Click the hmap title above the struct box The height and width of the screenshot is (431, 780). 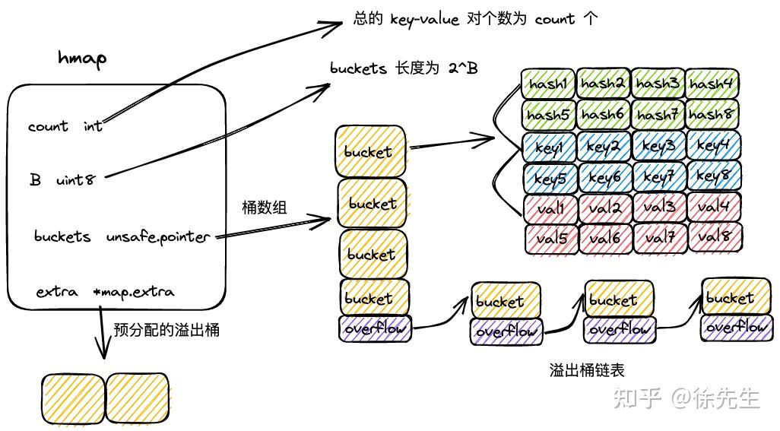pyautogui.click(x=82, y=58)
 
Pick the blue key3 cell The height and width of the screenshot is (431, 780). pyautogui.click(x=658, y=146)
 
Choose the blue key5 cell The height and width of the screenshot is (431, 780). pyautogui.click(x=548, y=178)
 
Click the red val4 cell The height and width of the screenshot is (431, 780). pyautogui.click(x=714, y=207)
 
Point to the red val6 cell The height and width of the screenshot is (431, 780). pyautogui.click(x=604, y=238)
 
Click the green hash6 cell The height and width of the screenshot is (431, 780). pyautogui.click(x=604, y=115)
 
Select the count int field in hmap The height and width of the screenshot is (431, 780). pyautogui.click(x=65, y=126)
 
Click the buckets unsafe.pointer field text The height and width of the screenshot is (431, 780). pyautogui.click(x=122, y=236)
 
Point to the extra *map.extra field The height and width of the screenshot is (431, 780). pyautogui.click(x=105, y=292)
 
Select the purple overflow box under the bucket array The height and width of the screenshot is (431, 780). pyautogui.click(x=375, y=329)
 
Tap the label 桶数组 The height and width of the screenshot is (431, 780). pyautogui.click(x=265, y=207)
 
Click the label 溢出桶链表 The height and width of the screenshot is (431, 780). pyautogui.click(x=587, y=370)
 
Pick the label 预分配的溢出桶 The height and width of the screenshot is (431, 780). pyautogui.click(x=166, y=330)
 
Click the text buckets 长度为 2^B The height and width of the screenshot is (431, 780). pyautogui.click(x=404, y=68)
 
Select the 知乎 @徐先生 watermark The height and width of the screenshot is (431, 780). pyautogui.click(x=686, y=398)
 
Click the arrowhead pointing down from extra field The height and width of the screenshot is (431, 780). pyautogui.click(x=103, y=351)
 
